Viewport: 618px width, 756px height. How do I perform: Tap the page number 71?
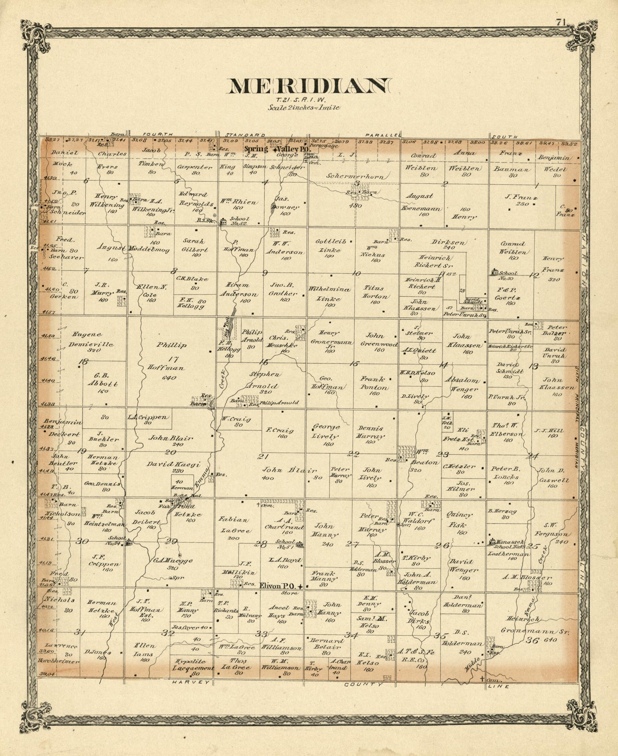click(x=561, y=22)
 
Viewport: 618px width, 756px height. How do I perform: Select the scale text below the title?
click(x=304, y=108)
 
